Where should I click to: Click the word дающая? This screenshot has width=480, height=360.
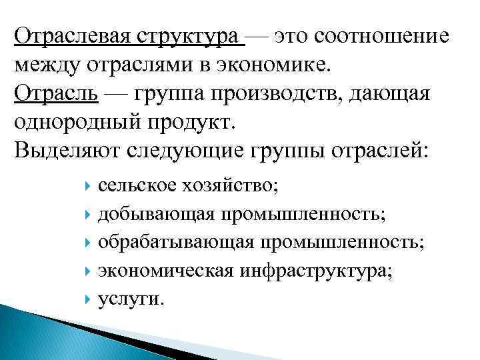(393, 94)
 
